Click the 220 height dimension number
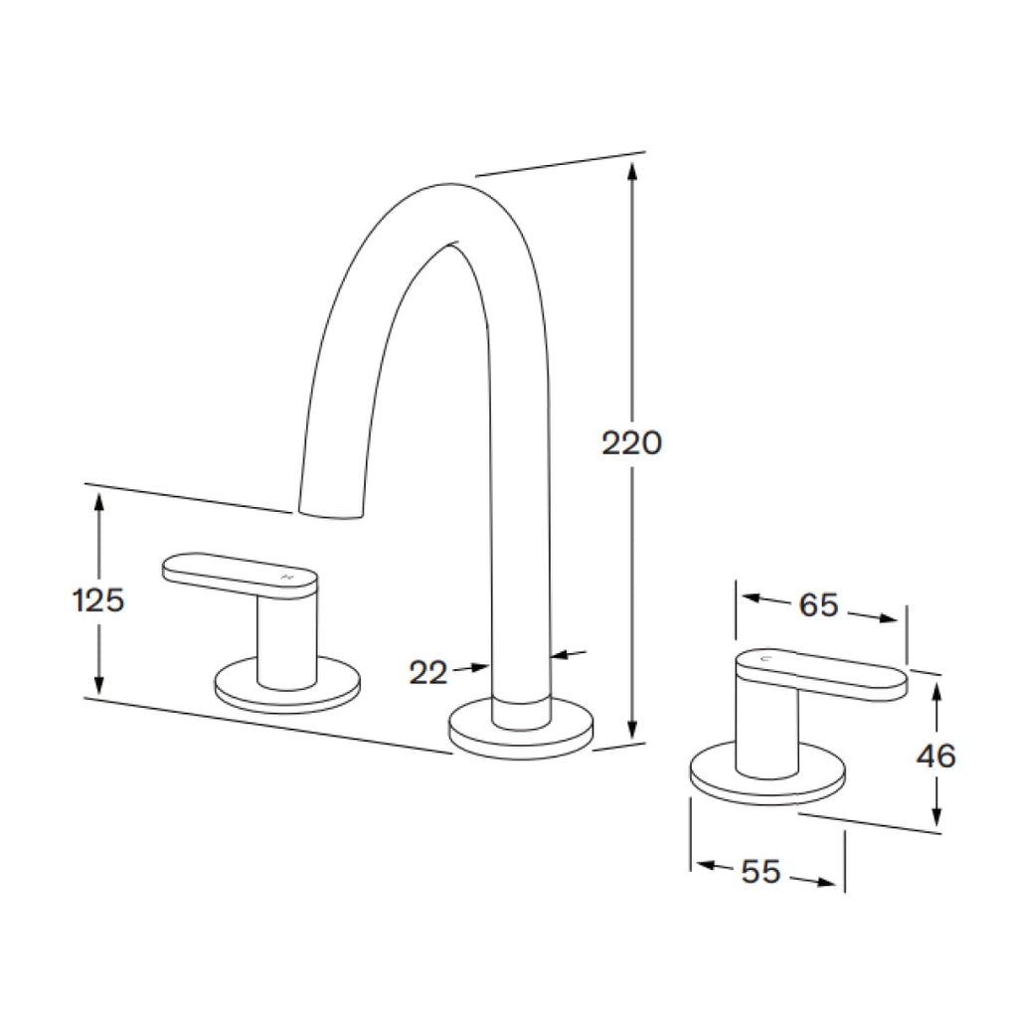pyautogui.click(x=631, y=442)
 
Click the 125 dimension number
pyautogui.click(x=98, y=600)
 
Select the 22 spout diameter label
pyautogui.click(x=428, y=673)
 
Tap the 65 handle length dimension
pyautogui.click(x=819, y=604)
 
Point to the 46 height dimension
pyautogui.click(x=935, y=757)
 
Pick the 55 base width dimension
pyautogui.click(x=761, y=872)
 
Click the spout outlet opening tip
pyautogui.click(x=331, y=511)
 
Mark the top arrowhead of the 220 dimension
pyautogui.click(x=631, y=171)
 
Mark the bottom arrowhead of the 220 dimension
pyautogui.click(x=631, y=730)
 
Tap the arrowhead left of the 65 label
pyautogui.click(x=752, y=598)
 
